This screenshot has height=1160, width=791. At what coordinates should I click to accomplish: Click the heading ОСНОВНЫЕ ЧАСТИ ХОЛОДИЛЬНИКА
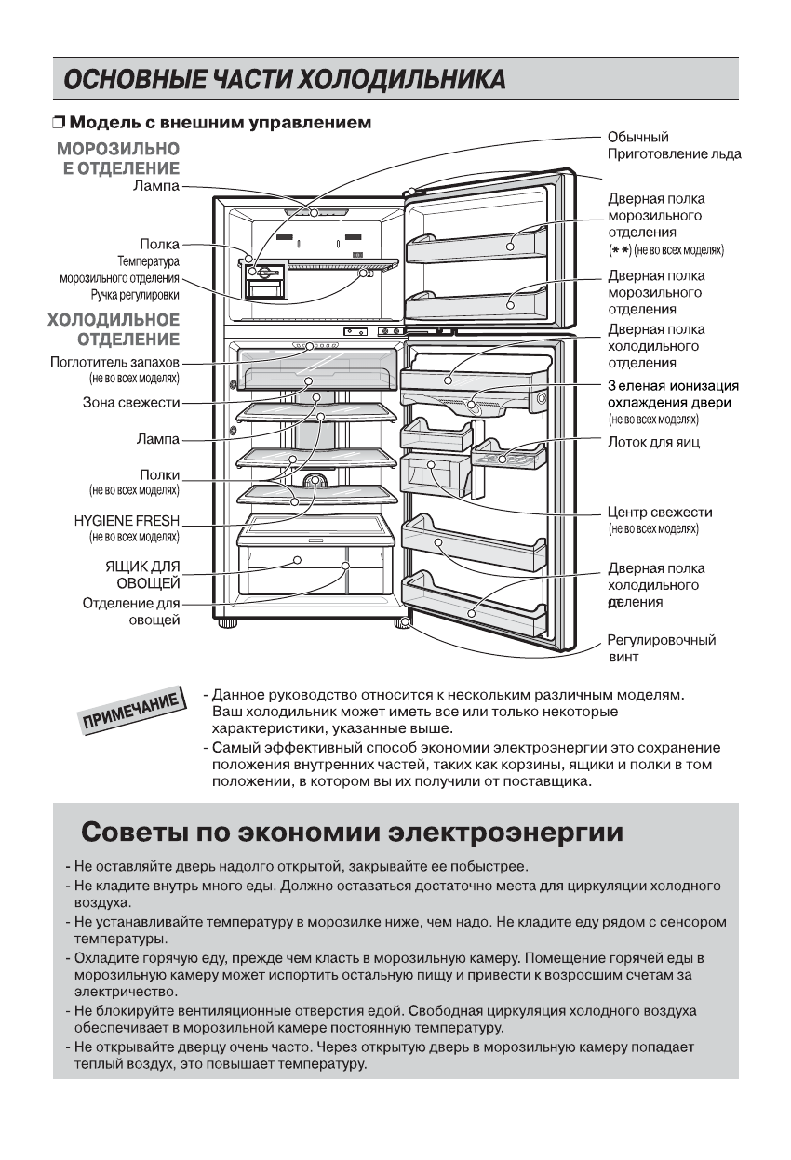(284, 79)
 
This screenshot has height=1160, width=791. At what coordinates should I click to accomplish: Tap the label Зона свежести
(130, 403)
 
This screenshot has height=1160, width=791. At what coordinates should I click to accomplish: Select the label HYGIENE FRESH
(127, 520)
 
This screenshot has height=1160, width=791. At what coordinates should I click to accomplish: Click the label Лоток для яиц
(653, 443)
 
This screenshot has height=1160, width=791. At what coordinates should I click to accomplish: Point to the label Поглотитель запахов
(114, 362)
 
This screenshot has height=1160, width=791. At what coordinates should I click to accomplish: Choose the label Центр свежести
(660, 513)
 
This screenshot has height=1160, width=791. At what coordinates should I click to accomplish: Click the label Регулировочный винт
(661, 648)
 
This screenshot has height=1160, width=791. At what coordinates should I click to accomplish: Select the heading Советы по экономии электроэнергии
(352, 831)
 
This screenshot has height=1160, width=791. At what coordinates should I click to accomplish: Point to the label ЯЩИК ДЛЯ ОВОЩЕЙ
(141, 574)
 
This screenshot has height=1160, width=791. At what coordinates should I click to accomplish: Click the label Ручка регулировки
(135, 295)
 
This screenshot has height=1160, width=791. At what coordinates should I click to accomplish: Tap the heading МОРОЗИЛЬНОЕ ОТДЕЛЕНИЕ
(118, 157)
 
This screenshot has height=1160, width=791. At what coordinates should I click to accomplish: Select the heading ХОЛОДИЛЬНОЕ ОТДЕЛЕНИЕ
(114, 328)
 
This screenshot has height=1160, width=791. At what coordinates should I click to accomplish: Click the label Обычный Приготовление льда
(674, 146)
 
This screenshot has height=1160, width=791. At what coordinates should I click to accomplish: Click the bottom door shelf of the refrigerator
(472, 605)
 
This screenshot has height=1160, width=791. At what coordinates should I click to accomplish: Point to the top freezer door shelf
(476, 244)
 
